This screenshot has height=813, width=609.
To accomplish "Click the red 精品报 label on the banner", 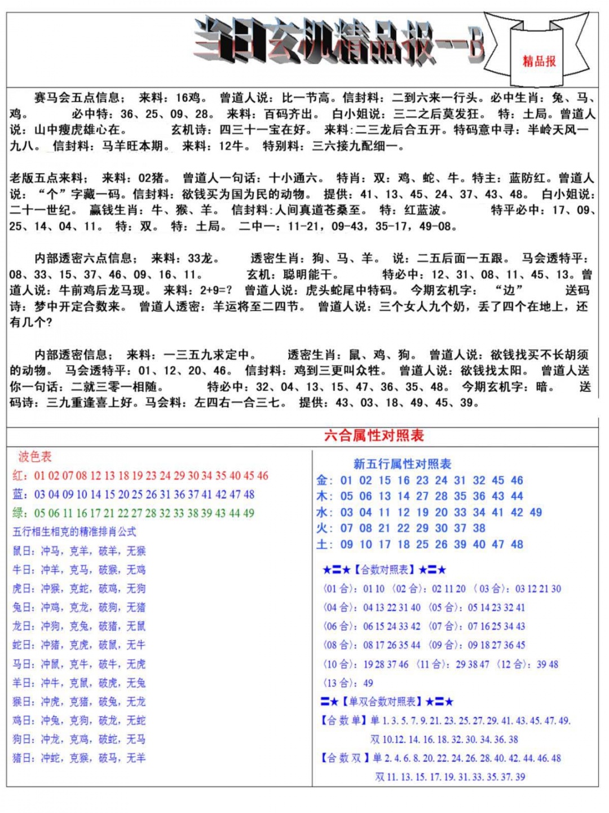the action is [539, 61].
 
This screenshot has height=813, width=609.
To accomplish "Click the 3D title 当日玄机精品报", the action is [338, 41].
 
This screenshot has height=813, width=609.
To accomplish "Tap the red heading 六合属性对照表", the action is [374, 435].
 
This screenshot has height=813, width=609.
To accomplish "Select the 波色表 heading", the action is [34, 456].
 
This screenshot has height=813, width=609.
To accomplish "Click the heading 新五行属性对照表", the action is [402, 464].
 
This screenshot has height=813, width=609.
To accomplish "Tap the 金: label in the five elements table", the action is [324, 480].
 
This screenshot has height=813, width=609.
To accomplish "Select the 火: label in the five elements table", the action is [324, 528].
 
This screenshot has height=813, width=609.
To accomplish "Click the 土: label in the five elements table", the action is [324, 544].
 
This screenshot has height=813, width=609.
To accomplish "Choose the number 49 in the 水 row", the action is [535, 513].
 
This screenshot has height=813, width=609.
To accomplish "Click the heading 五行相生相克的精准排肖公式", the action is [74, 532].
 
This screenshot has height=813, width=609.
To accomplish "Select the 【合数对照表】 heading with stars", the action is [384, 570].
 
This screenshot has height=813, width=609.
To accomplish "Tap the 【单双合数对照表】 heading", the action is [387, 702].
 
